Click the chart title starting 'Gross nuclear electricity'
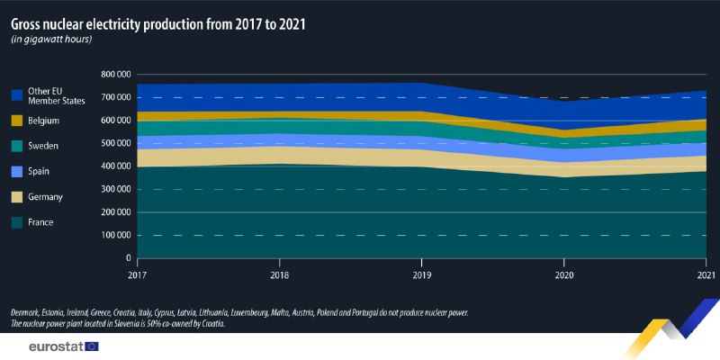tap(157, 24)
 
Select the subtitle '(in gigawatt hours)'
tap(53, 40)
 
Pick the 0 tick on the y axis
tap(128, 258)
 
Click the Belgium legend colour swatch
tap(16, 120)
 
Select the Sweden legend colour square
tap(16, 145)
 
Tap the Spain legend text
tap(40, 170)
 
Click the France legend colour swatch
tap(16, 220)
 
